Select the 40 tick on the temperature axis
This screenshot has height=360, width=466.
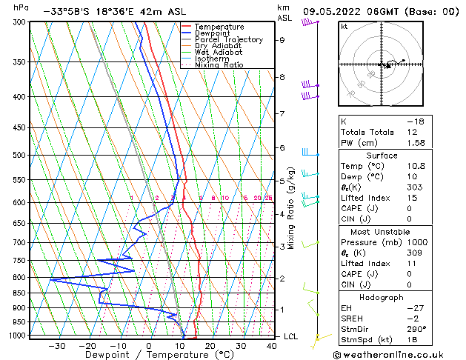click(x=270, y=346)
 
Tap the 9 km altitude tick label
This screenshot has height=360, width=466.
click(x=282, y=40)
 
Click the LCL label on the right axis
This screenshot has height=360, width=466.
click(x=291, y=336)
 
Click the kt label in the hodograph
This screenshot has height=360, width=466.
click(x=344, y=27)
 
